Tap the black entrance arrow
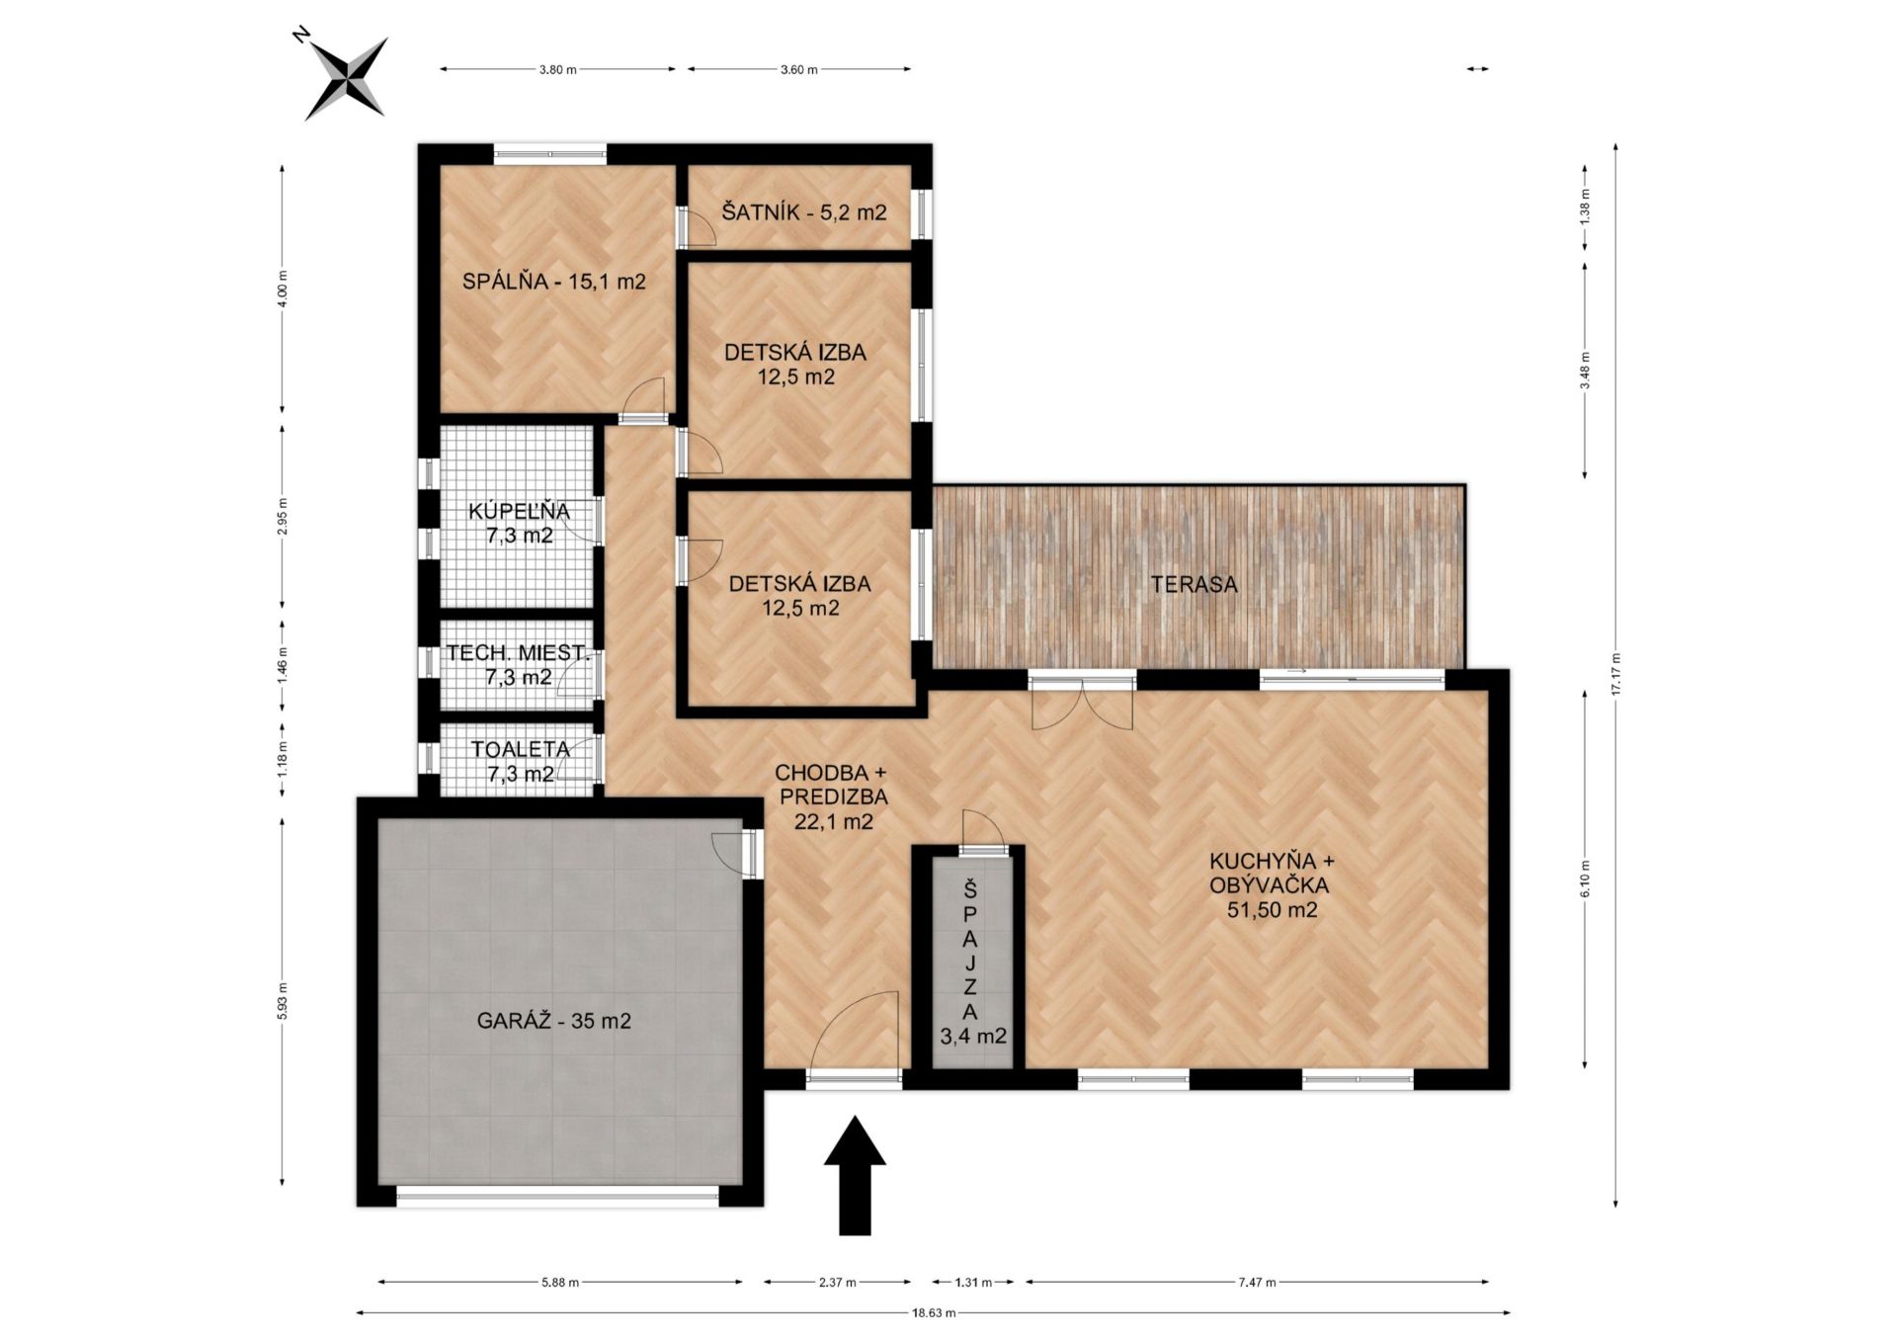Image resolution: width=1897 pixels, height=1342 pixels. coord(855,1175)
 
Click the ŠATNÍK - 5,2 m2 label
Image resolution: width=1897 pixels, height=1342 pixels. coord(804,211)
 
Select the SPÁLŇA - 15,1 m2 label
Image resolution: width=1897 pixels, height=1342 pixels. coord(554,282)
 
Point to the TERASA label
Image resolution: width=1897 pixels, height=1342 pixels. coord(1194,584)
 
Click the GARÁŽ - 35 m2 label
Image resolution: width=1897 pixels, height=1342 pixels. coord(554,1021)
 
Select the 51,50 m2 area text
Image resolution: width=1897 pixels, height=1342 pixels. coord(1273,910)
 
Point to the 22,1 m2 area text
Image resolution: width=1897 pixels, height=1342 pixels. coord(834,820)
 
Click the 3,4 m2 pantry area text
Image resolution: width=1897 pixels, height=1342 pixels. coord(973,1037)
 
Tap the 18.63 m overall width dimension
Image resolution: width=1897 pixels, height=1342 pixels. coord(934,1313)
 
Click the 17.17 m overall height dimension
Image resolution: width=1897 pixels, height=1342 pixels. coord(1615,676)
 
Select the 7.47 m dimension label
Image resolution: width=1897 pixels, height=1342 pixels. coord(1257,1283)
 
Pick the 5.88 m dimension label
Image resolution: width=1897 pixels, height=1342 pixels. coord(560,1283)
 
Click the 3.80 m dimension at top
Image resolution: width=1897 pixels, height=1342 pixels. coord(557,69)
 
